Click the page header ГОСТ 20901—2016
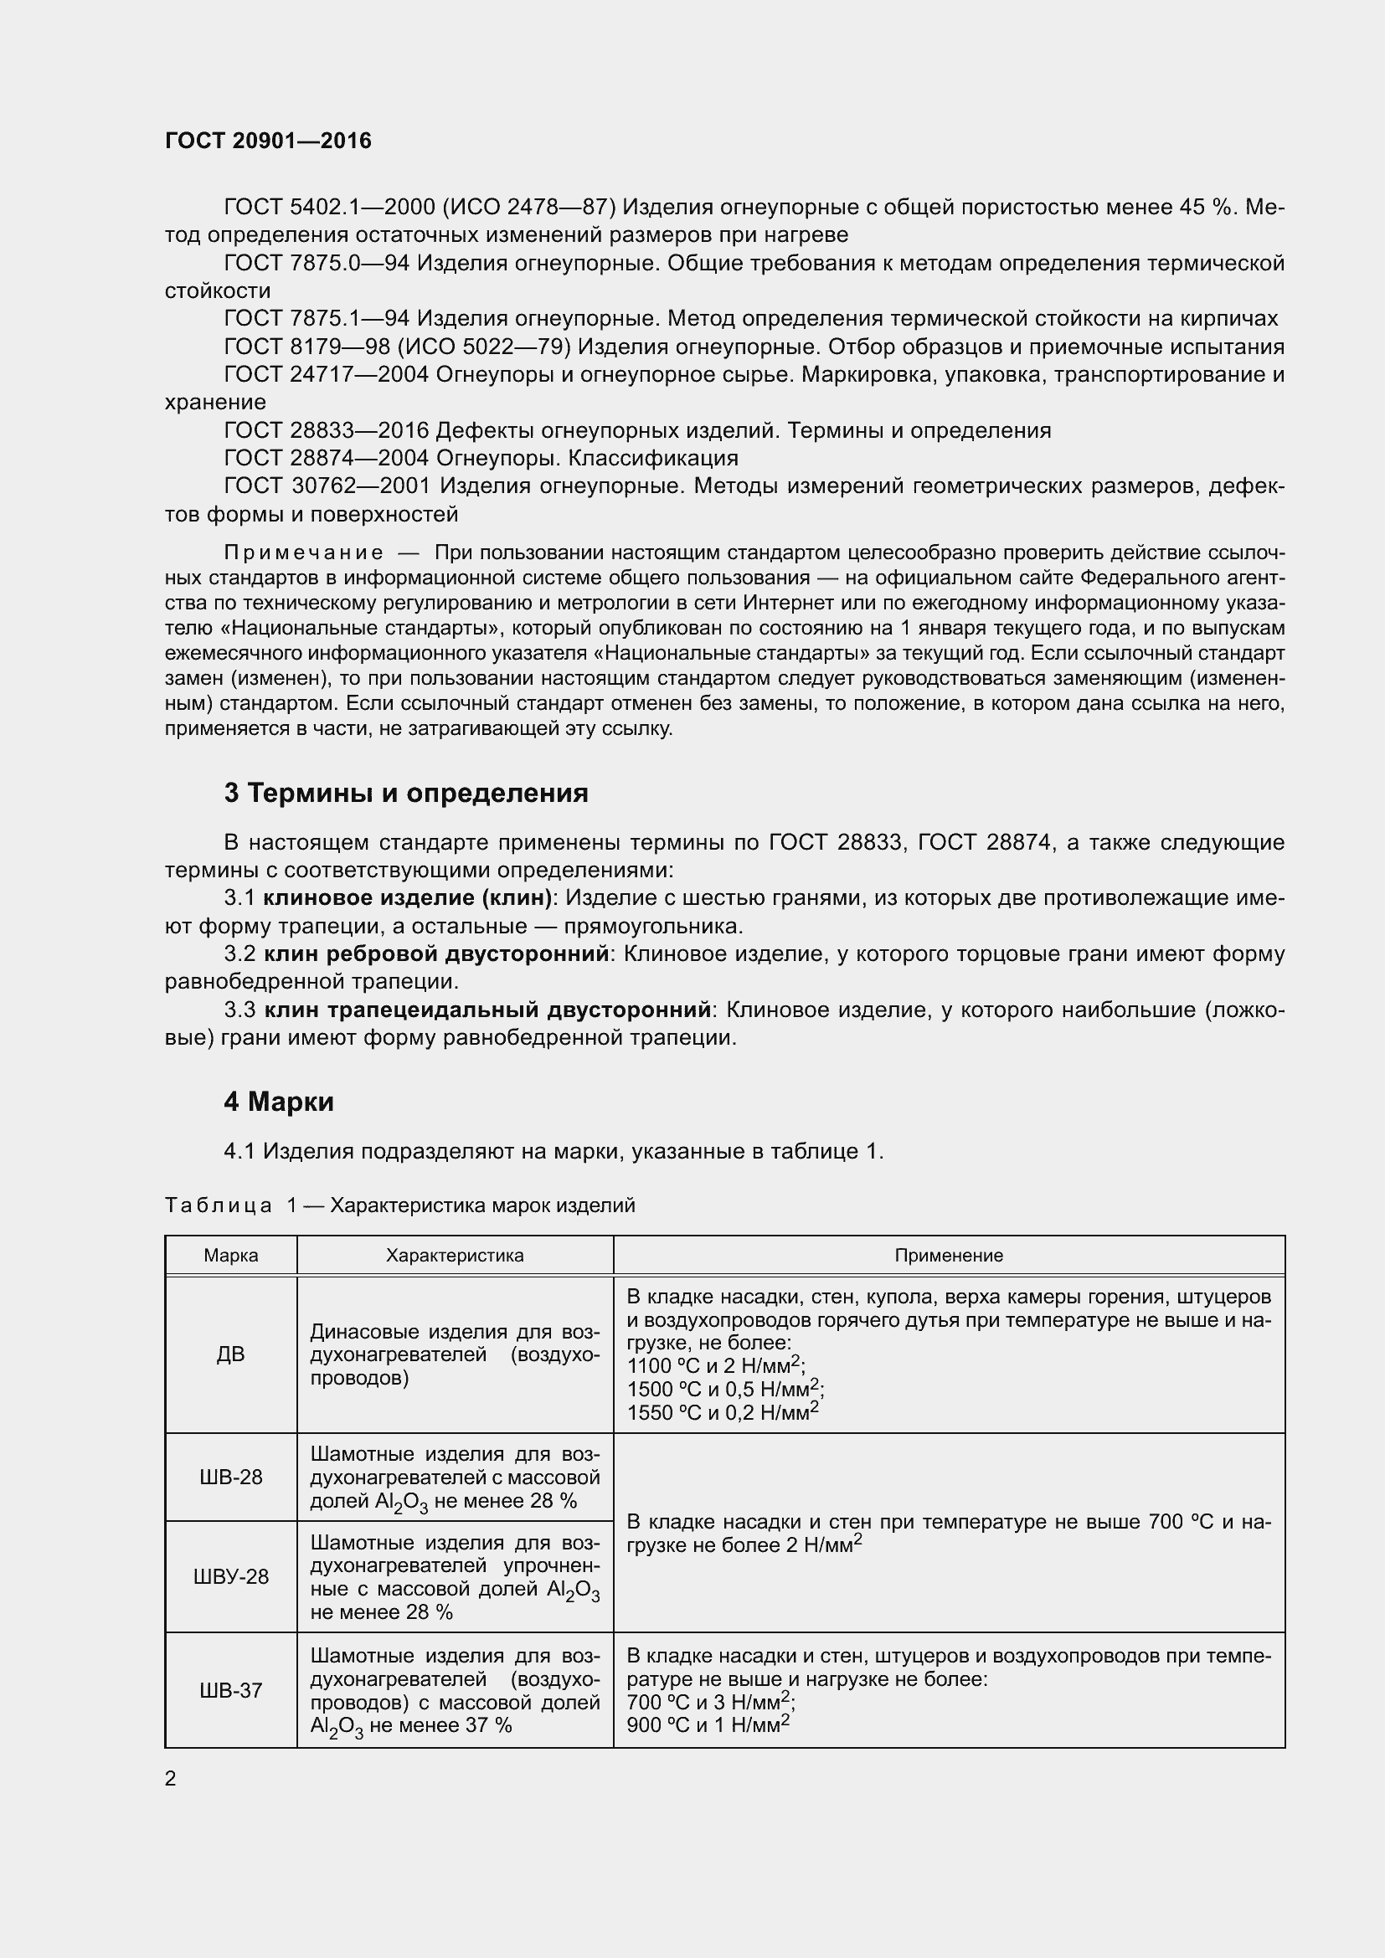(x=268, y=141)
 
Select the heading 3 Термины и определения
(x=406, y=793)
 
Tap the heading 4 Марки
(x=279, y=1102)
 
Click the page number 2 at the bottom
(x=171, y=1779)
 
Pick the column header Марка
(x=231, y=1256)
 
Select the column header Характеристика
(x=455, y=1256)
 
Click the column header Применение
(x=949, y=1256)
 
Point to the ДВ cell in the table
(x=231, y=1354)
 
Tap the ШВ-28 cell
(x=231, y=1477)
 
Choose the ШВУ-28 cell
(x=231, y=1577)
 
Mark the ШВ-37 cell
(x=231, y=1690)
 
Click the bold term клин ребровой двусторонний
(x=436, y=954)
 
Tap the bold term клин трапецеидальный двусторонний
(x=488, y=1010)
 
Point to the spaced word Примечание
(x=304, y=553)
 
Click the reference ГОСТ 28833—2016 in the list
(x=326, y=430)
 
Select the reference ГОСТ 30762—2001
(x=326, y=486)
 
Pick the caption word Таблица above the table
(x=219, y=1205)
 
